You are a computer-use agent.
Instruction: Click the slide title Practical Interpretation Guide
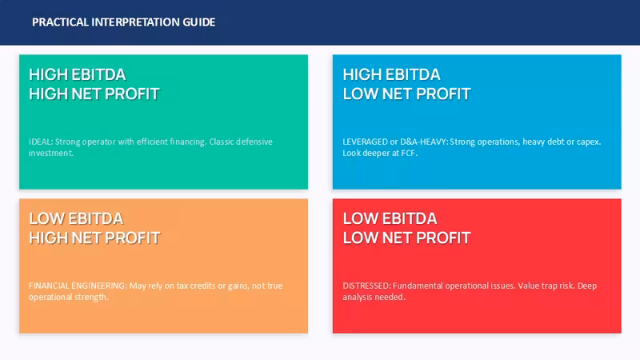[124, 22]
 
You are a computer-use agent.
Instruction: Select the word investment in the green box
[50, 153]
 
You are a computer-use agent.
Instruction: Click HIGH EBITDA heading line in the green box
[77, 74]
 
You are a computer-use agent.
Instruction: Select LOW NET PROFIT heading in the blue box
[406, 94]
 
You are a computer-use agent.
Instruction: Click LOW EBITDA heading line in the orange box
[75, 218]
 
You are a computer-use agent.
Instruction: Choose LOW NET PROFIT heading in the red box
[406, 238]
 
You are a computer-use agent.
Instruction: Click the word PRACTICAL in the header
[60, 22]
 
